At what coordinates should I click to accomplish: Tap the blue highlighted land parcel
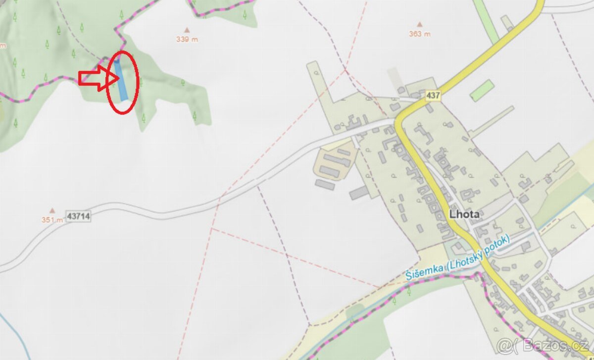pos(120,80)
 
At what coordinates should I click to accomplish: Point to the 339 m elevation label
pos(187,40)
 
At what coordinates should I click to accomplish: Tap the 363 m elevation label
pos(419,34)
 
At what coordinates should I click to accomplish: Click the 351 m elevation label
pos(52,220)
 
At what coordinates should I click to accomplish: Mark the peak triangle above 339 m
pos(187,29)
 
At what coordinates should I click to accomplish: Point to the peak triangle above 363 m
pos(420,24)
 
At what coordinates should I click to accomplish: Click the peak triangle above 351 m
pos(52,210)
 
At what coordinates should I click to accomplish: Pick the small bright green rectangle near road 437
pos(482,90)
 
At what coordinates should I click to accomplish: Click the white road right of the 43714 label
pos(148,212)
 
